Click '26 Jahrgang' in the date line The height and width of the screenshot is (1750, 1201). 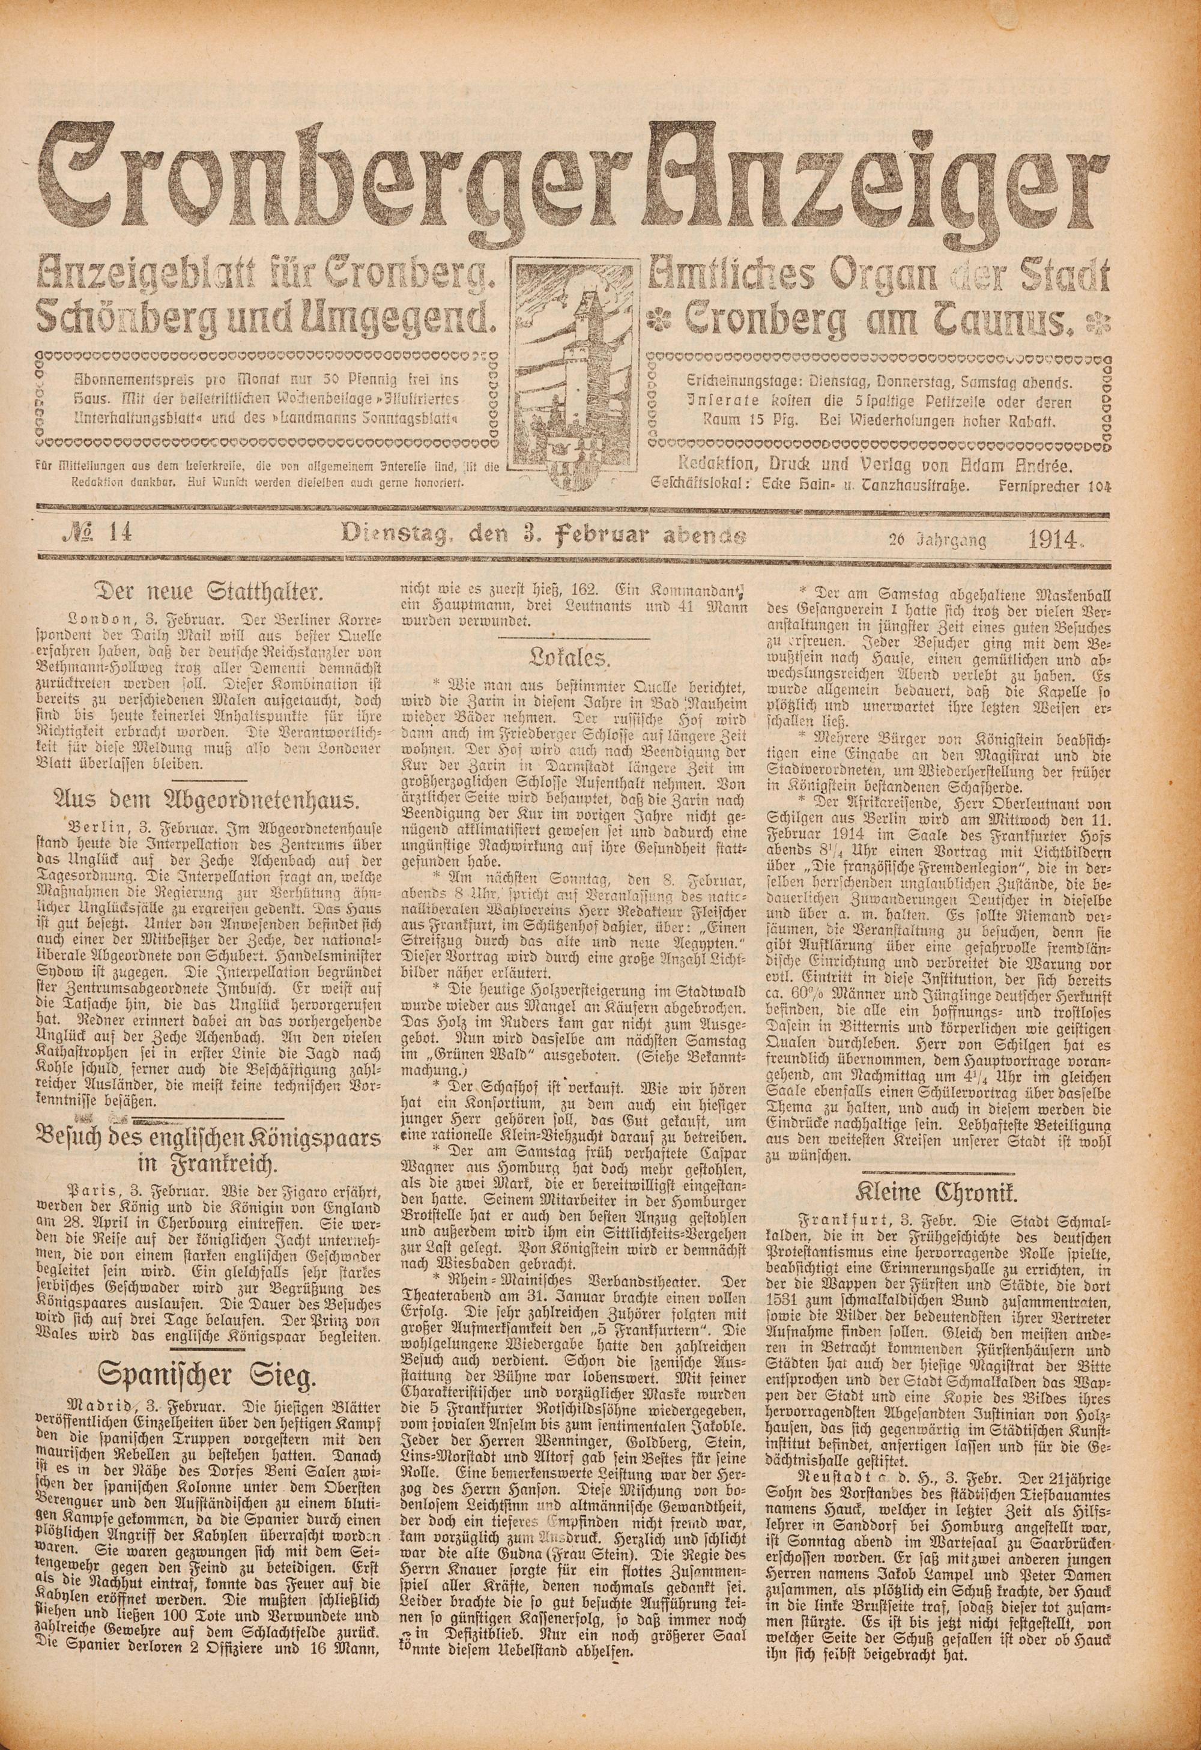click(x=937, y=539)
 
